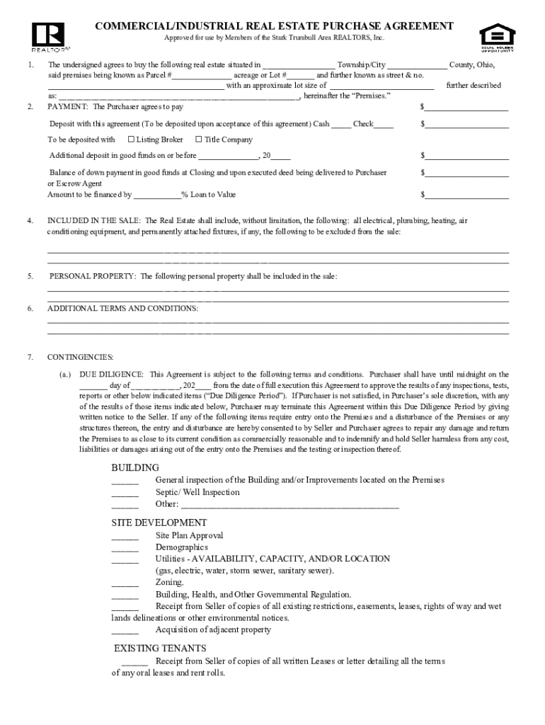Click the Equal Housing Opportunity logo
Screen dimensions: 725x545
click(498, 37)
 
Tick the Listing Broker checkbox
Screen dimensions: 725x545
click(131, 139)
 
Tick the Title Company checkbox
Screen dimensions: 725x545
click(198, 139)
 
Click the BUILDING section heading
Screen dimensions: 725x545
click(135, 468)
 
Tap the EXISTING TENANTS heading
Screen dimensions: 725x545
click(160, 649)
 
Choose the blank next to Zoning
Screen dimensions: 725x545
click(125, 586)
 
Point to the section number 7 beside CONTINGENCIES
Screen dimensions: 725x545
click(30, 357)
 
